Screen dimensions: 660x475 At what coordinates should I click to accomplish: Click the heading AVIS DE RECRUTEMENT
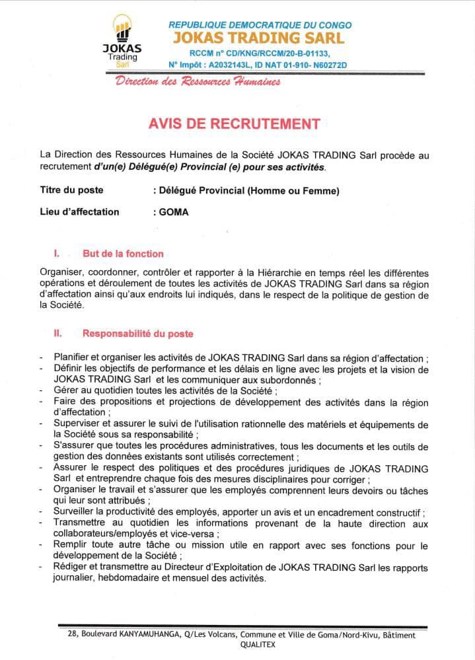[237, 124]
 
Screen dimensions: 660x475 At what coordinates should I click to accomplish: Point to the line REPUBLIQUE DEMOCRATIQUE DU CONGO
[260, 24]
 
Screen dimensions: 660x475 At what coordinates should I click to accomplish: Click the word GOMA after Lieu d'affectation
[173, 212]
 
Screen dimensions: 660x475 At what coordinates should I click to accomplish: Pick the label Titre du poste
[72, 191]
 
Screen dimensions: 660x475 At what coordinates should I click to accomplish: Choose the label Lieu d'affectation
[80, 212]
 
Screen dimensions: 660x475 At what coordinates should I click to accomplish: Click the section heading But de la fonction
[123, 254]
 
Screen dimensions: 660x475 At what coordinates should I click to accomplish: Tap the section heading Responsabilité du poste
[137, 334]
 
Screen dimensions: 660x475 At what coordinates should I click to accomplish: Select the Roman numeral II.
[57, 334]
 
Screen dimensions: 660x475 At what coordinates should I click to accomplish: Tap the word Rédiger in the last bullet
[72, 568]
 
